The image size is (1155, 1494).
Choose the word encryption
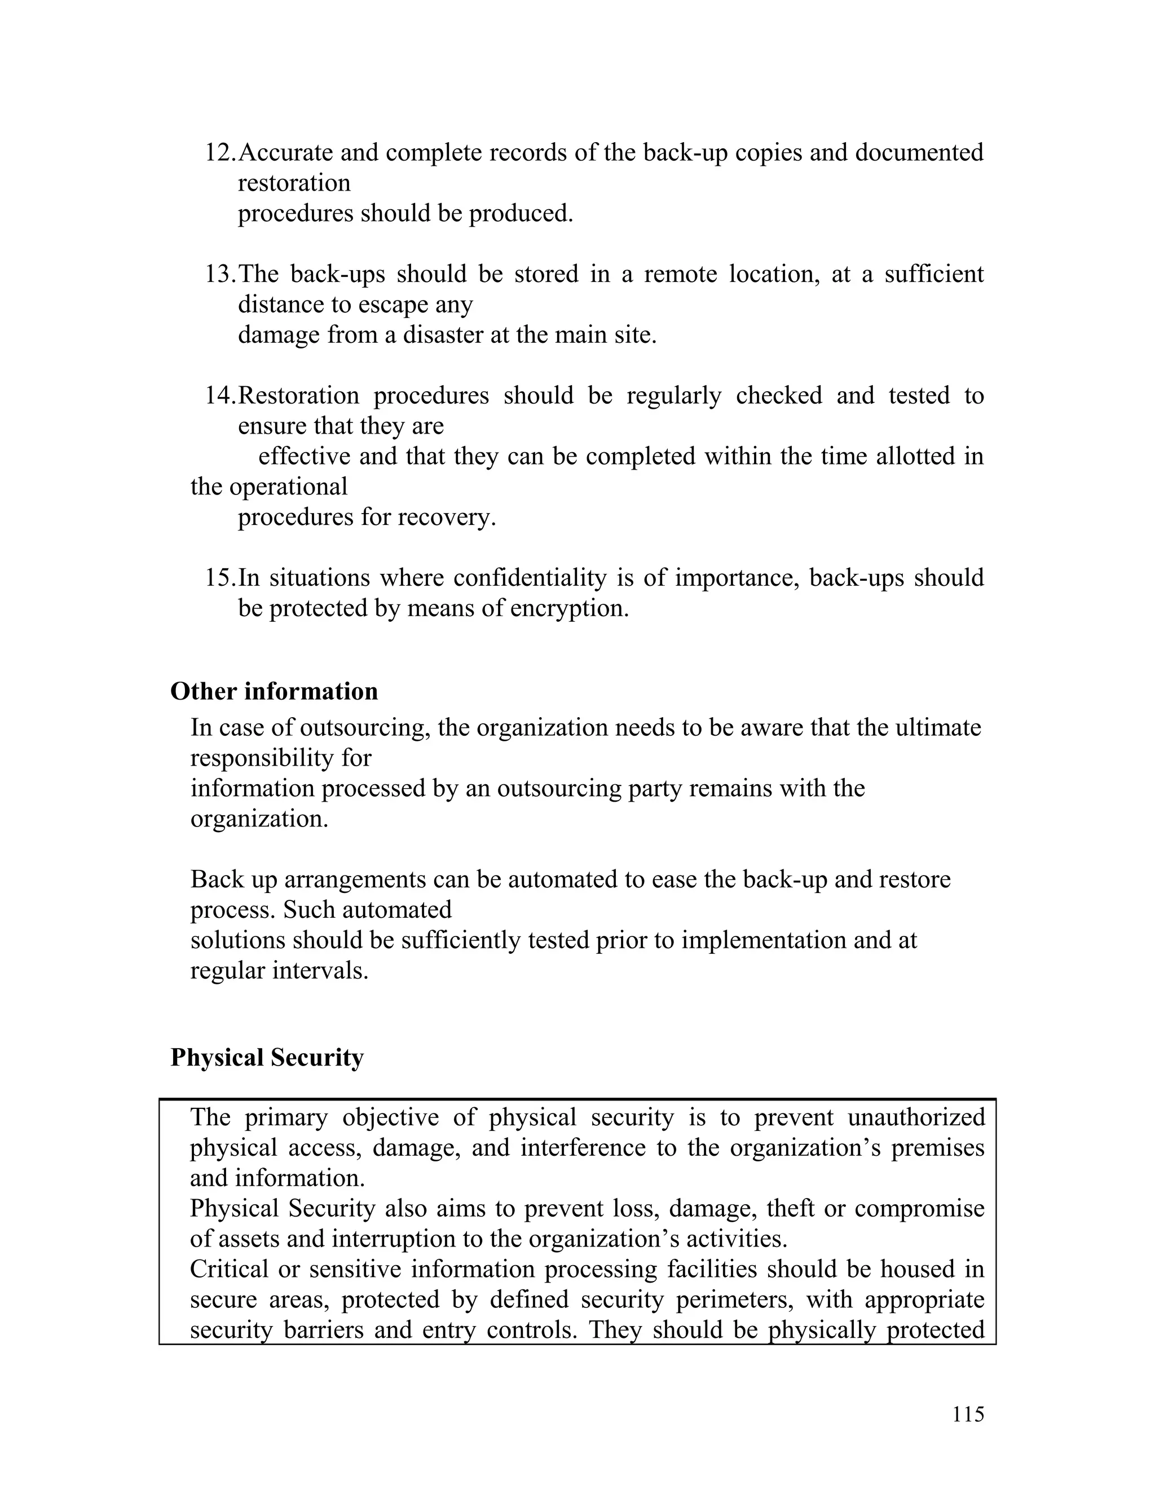click(x=569, y=608)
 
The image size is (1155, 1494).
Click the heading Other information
click(x=274, y=692)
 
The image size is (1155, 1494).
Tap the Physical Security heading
click(x=267, y=1058)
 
